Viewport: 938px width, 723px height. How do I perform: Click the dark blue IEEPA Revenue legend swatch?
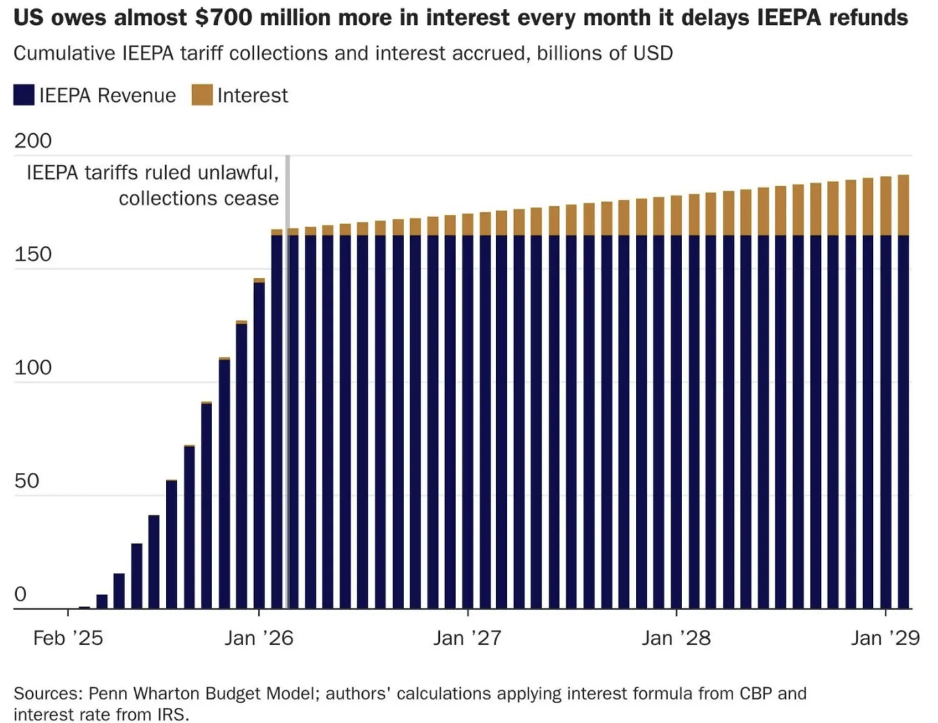[x=24, y=95]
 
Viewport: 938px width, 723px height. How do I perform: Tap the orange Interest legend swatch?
[x=202, y=95]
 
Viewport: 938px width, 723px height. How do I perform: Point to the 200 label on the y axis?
[x=33, y=141]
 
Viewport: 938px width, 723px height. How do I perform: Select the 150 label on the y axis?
[x=33, y=254]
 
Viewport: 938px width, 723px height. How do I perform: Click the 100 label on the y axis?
[x=33, y=368]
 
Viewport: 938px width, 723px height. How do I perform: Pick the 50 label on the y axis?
[x=27, y=481]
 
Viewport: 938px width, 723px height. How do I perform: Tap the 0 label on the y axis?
[x=20, y=594]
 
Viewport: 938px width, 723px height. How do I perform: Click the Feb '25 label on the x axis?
[x=68, y=638]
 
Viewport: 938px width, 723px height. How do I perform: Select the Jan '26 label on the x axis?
[x=259, y=638]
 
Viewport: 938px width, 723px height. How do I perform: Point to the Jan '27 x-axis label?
[x=467, y=638]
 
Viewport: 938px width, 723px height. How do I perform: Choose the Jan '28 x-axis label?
[x=676, y=638]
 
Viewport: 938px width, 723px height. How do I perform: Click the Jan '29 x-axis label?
[x=885, y=638]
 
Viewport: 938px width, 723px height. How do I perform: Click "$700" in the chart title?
[x=224, y=18]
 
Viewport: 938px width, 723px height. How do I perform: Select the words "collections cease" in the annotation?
[x=199, y=199]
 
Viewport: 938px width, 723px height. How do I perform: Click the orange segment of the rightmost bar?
[x=904, y=205]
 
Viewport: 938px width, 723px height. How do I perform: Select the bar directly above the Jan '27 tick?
[x=467, y=416]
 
